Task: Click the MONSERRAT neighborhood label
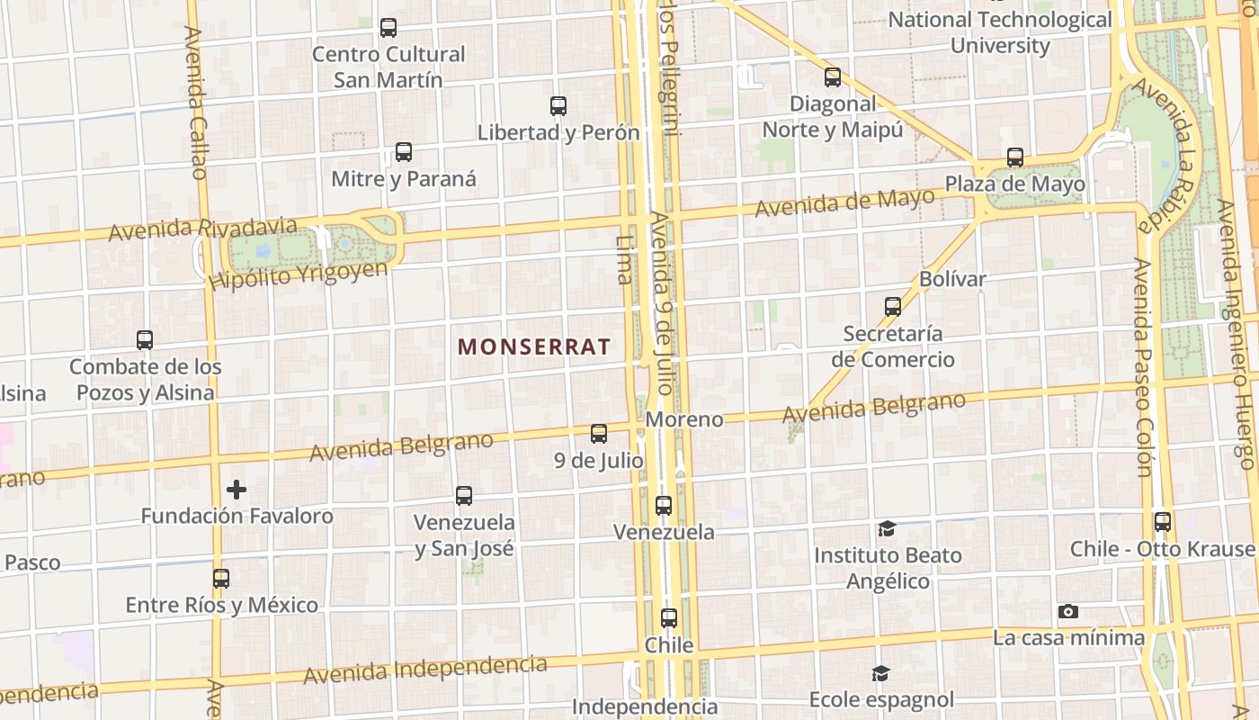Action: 534,346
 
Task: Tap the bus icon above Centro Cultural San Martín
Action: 388,28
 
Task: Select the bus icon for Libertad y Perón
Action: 558,106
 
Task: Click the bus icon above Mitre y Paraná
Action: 404,152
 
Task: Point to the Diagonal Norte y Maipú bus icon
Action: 833,77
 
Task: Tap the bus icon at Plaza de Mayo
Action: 1015,157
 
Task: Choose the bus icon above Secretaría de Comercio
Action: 893,307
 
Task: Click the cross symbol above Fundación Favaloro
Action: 237,490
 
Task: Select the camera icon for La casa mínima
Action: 1068,612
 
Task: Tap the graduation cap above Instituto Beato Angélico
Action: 888,529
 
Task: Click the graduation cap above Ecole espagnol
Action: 880,673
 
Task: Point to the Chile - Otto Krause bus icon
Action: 1163,522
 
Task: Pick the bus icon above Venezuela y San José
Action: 464,496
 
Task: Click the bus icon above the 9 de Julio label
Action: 599,434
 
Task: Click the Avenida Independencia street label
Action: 425,670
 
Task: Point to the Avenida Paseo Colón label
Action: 1142,367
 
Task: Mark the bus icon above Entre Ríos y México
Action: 221,579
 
